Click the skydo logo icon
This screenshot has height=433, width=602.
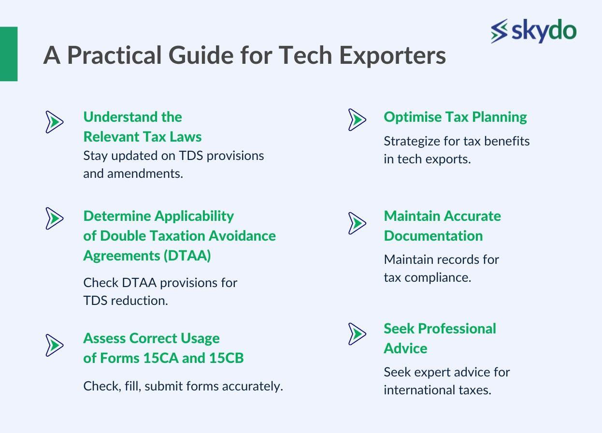499,31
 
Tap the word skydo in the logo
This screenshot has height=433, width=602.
544,30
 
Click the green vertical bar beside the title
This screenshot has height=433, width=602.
9,54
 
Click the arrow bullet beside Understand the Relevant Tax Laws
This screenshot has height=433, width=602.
55,122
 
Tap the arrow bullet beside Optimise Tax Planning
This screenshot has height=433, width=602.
357,120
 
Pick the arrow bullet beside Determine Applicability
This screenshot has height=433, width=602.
55,218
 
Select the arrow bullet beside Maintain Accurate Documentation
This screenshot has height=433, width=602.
357,223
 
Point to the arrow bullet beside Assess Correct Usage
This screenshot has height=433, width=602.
55,346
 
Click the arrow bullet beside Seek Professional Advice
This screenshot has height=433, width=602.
357,334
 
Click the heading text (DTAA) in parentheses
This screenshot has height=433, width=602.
187,256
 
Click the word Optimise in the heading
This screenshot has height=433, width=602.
413,117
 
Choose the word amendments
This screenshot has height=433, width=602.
145,173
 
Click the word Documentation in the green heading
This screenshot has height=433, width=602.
433,236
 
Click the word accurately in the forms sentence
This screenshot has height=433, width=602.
253,387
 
